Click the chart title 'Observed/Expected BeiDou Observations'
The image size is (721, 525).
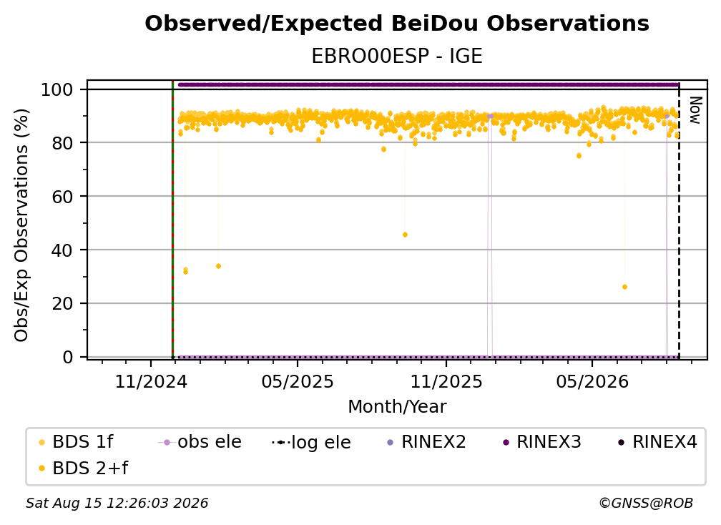tap(397, 24)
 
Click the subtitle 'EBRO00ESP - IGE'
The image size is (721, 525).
tap(397, 57)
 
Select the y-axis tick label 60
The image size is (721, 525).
tap(63, 197)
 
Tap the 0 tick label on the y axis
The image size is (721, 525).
tap(68, 357)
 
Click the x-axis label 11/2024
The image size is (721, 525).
tap(151, 381)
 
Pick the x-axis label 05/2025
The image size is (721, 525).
tap(298, 381)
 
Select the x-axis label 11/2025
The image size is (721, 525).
tap(446, 381)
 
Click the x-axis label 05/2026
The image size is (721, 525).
tap(592, 381)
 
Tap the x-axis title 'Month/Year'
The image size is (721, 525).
tap(397, 407)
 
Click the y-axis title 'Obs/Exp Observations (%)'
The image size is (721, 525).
tap(21, 225)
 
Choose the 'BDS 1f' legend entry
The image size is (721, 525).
tap(76, 442)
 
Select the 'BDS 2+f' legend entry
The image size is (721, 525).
tap(83, 468)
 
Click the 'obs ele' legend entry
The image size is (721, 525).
tap(200, 442)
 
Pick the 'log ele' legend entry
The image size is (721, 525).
tap(311, 443)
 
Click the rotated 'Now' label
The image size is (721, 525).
tap(695, 110)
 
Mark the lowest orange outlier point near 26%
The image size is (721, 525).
tap(624, 287)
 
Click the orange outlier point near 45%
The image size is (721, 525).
tap(405, 235)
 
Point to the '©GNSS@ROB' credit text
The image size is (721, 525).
tap(646, 504)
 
